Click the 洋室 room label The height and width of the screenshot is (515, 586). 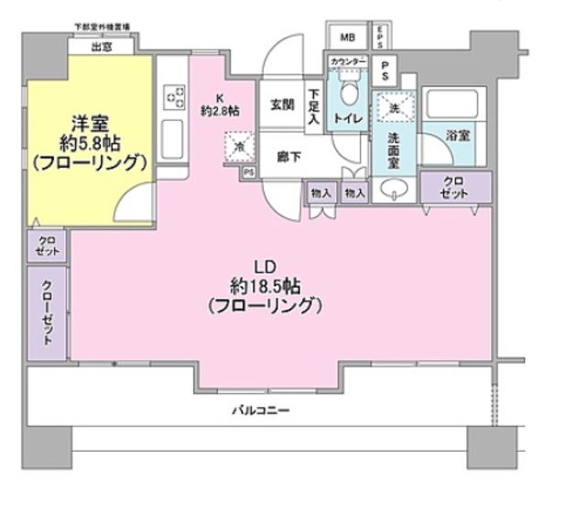pos(88,121)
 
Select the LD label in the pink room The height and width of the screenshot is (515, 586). pos(262,267)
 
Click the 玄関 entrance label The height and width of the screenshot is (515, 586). pos(281,104)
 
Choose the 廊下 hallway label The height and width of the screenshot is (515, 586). pos(289,157)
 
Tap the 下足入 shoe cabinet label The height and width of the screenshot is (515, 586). pos(314,105)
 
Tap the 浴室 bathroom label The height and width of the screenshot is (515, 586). pos(458,135)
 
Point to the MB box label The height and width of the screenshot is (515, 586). pos(347,37)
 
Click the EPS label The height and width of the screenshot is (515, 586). pos(380,37)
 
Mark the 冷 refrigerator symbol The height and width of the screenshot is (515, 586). pos(234,145)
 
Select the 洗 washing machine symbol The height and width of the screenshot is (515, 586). pos(394,108)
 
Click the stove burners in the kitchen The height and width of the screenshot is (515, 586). pos(171,96)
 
